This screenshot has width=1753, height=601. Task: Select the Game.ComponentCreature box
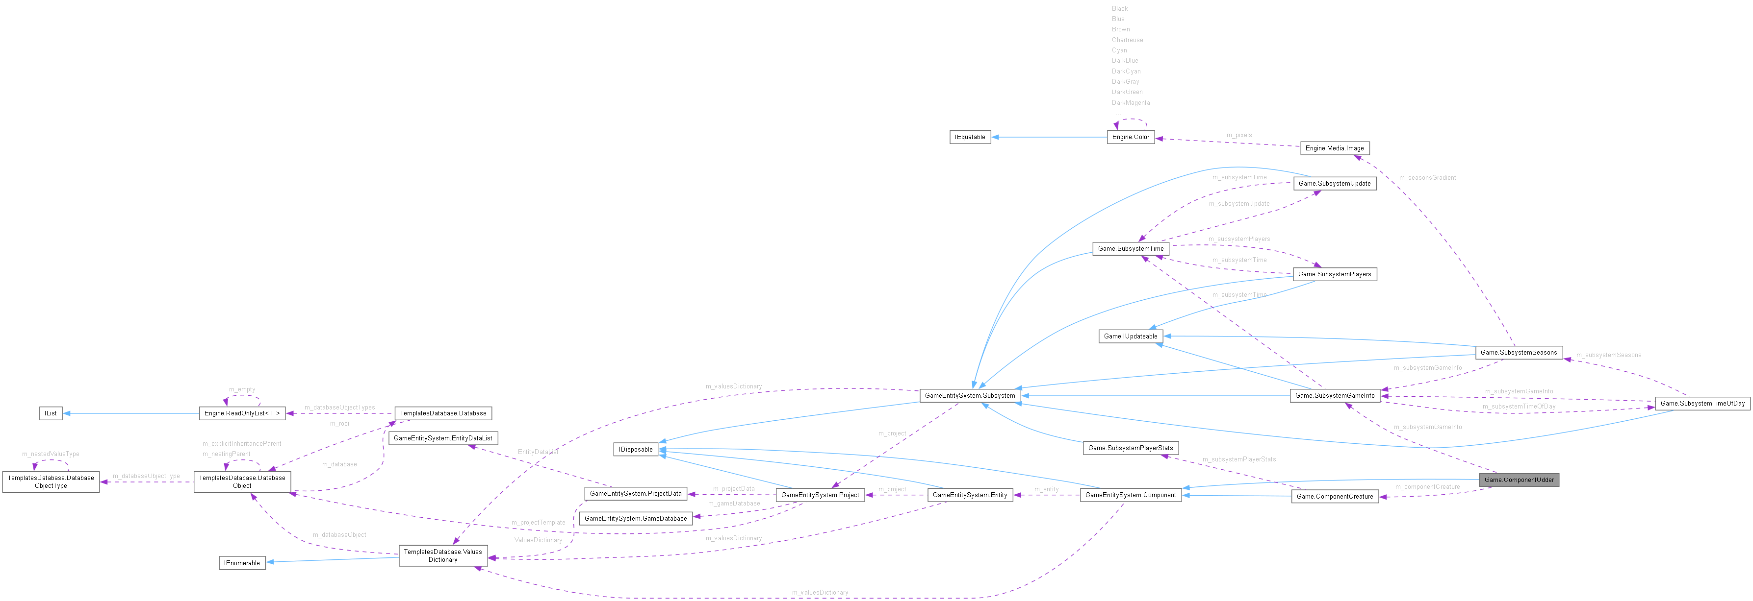pos(1335,496)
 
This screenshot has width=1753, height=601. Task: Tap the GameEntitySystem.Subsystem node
pos(970,396)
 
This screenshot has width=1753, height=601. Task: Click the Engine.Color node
pos(1131,137)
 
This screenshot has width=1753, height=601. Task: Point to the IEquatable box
pos(970,137)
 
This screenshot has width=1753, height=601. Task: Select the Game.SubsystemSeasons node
pos(1518,353)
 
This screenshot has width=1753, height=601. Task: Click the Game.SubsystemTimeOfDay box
pos(1702,404)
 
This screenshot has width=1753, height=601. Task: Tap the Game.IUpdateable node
pos(1131,337)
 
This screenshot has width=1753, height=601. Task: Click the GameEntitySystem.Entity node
pos(970,495)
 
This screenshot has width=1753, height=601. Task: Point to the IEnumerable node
pos(242,563)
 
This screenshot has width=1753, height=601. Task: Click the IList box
pos(51,413)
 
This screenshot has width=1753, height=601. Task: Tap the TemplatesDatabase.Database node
pos(443,413)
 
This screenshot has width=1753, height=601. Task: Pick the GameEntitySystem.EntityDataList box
pos(443,438)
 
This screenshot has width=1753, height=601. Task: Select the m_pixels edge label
pos(1238,135)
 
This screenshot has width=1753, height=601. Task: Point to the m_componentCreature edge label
pos(1427,487)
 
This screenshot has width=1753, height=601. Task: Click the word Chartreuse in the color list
pos(1127,40)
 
